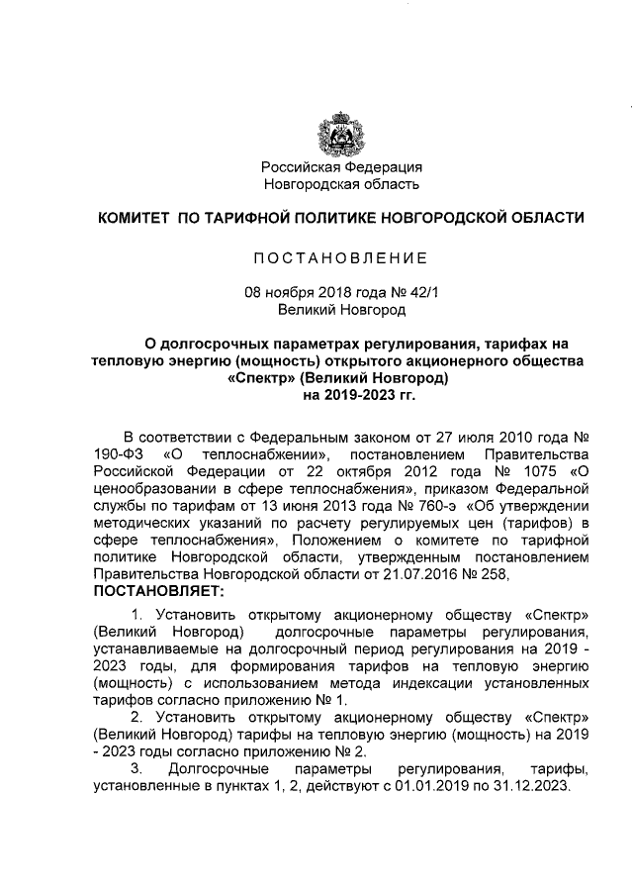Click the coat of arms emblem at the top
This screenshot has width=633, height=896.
pyautogui.click(x=340, y=133)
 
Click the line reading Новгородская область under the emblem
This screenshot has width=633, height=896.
pyautogui.click(x=340, y=183)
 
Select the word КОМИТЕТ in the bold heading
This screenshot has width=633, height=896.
pyautogui.click(x=133, y=217)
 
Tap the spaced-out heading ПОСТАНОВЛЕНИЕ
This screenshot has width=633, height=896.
pyautogui.click(x=340, y=259)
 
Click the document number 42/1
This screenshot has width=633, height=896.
pyautogui.click(x=418, y=293)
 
